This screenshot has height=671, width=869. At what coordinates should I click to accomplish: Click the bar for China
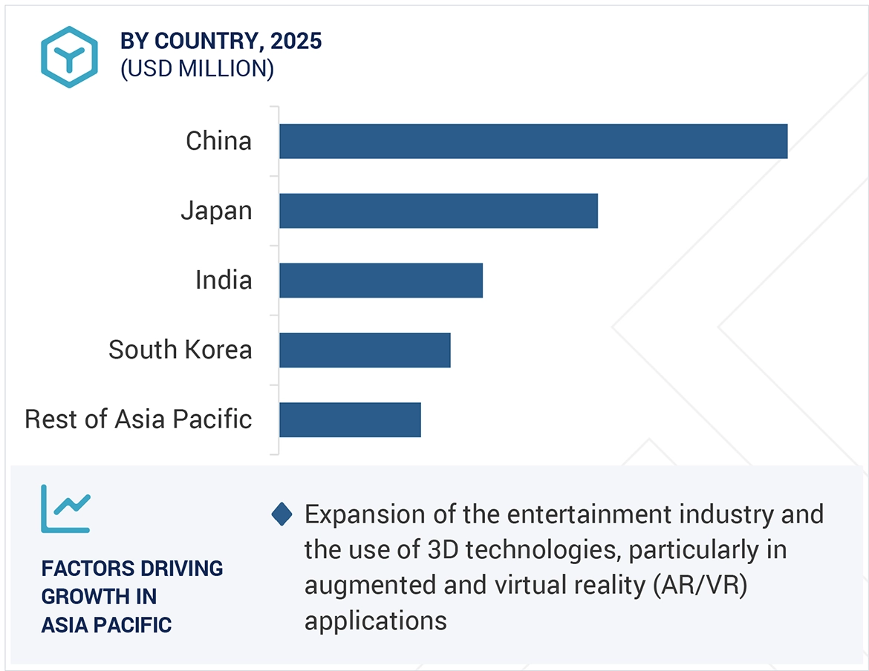[533, 141]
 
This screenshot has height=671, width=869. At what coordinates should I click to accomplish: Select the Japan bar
[438, 211]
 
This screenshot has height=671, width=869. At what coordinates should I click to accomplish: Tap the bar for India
[381, 281]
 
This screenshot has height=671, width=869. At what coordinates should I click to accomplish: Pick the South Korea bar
[365, 350]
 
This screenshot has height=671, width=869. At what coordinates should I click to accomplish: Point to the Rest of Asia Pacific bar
[350, 419]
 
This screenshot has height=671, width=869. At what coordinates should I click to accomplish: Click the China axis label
[218, 141]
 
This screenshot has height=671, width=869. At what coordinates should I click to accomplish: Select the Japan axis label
[216, 211]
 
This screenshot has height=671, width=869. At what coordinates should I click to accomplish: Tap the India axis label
[224, 281]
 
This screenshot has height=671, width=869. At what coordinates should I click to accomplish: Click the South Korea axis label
[180, 350]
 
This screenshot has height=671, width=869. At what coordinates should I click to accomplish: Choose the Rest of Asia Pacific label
[138, 419]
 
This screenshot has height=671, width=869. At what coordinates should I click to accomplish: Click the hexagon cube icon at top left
[69, 57]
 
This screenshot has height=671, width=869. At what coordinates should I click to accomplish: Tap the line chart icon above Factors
[65, 508]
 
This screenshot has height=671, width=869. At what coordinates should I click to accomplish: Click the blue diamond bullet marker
[282, 514]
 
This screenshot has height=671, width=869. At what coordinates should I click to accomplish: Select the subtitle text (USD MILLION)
[197, 69]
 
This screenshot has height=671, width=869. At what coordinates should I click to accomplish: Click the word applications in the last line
[375, 621]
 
